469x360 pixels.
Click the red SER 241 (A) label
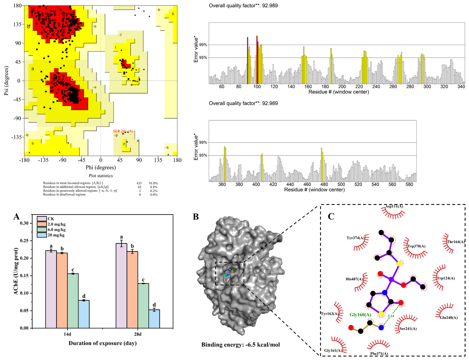[x=123, y=131]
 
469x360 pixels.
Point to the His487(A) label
[x=354, y=279]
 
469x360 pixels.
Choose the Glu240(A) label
[x=448, y=318]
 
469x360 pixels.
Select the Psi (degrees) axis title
[x=7, y=81]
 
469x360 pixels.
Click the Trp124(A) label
[x=445, y=278]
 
